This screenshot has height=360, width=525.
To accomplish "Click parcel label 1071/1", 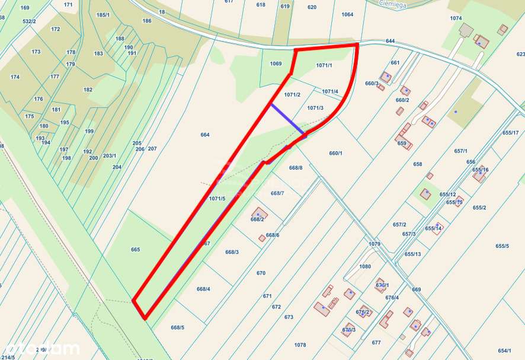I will pos(324,65).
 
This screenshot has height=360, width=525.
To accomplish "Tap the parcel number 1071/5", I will pos(217,199).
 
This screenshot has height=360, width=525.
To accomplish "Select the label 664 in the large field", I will pos(205,135).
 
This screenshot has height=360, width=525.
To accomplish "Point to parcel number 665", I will pos(135,250).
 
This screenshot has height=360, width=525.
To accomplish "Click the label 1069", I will pos(276,63).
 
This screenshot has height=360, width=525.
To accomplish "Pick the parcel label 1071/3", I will pos(316,108).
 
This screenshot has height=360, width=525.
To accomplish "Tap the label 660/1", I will pos(336,153).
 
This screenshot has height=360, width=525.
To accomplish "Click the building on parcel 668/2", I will pos(259,212).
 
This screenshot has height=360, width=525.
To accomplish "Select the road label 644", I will pos(390,41).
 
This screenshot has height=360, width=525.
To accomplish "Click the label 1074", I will pos(456,18).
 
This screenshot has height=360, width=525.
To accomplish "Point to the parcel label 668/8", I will pos(296,168).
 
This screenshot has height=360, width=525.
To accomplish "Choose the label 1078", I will pos(300,345).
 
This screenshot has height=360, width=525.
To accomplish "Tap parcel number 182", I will pos(88,90).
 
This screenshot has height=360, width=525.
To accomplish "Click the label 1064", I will pos(347,14).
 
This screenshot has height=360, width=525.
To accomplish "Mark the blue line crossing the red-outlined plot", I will pos(287,119).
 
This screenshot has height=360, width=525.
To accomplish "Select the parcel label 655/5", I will pos(502,246).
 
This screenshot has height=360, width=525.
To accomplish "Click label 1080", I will pos(365,266).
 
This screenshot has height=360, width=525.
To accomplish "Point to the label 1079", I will pos(374,244).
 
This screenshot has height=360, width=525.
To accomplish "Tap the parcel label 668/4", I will pos(203,289).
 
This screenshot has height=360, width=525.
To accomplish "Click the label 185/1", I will pos(103,15).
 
